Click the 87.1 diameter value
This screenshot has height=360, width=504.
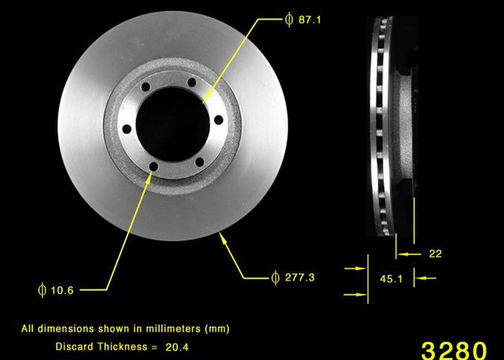(x=309, y=20)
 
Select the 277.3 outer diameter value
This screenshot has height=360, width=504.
(x=299, y=277)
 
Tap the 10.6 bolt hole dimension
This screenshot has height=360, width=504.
(x=62, y=290)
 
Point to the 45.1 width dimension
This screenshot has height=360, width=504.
(x=391, y=279)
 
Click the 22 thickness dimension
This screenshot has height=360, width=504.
(x=435, y=254)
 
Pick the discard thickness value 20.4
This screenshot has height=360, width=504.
(x=176, y=347)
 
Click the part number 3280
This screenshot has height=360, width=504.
(x=454, y=351)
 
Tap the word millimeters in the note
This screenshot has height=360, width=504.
(x=173, y=328)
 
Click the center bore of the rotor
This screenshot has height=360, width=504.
(x=172, y=124)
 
